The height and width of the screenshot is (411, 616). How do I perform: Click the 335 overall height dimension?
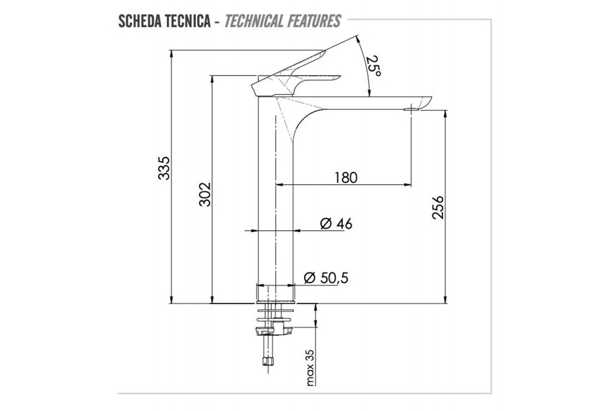click(x=164, y=168)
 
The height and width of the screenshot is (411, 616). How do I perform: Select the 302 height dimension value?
click(x=205, y=194)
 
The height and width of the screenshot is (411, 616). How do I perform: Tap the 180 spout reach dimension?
click(x=346, y=178)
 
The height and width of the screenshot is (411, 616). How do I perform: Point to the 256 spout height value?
click(x=438, y=208)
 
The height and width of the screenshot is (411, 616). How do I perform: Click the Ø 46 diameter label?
click(x=336, y=223)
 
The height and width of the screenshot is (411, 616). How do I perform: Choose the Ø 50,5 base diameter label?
click(x=326, y=278)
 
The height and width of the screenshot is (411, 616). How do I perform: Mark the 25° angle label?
click(x=374, y=66)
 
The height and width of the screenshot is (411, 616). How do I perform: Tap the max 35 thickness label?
click(x=310, y=368)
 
